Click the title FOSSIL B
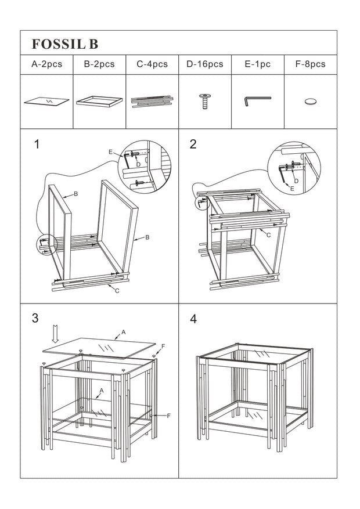[65, 44]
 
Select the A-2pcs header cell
[46, 64]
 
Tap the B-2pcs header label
[99, 64]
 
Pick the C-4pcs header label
[152, 64]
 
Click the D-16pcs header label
[204, 64]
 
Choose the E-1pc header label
[257, 64]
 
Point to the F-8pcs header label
[310, 64]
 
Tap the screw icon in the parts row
[204, 101]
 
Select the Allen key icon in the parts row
[257, 101]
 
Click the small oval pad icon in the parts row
[311, 101]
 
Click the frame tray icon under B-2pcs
[99, 101]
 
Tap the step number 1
[37, 145]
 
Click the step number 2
[193, 145]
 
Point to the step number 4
[193, 319]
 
